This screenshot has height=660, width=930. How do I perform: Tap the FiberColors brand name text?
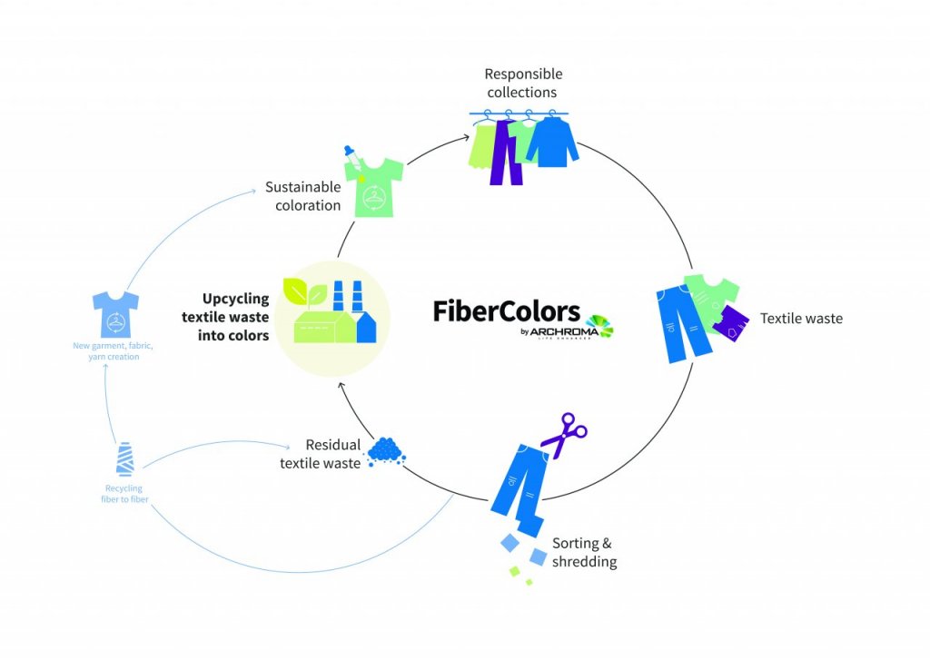pos(506,311)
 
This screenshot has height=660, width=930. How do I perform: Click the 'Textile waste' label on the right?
pos(801,319)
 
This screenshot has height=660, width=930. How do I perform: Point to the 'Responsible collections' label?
pos(523,83)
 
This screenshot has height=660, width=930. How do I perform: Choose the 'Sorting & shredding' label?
pos(585,553)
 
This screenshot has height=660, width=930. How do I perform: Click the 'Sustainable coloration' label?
pos(302,196)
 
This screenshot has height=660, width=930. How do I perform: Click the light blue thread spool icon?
pos(124,459)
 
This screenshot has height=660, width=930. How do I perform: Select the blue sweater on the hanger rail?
pos(552,143)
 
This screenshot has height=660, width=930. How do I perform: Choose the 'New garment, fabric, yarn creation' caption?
pos(115,350)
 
